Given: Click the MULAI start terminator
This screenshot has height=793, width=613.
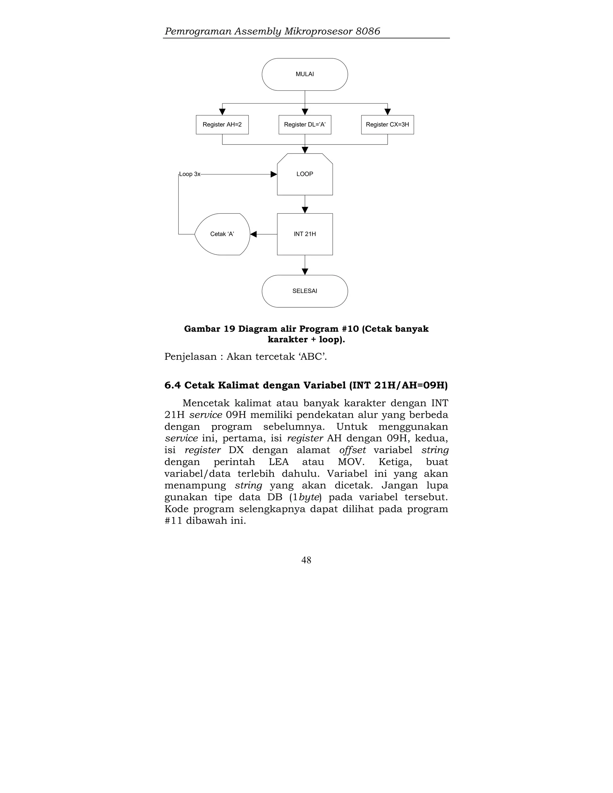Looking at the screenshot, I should click(305, 74).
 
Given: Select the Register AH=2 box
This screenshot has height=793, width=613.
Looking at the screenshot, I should click(222, 124).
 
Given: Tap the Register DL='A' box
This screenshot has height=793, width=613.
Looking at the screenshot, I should click(305, 124).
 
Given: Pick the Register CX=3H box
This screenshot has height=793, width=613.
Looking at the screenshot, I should click(388, 124).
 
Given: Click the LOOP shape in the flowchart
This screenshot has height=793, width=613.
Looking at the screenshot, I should click(305, 174).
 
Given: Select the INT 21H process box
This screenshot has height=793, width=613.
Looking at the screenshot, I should click(305, 234).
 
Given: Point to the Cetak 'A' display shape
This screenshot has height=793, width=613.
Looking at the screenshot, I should click(222, 234).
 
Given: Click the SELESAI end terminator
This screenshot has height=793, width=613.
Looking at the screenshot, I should click(305, 291).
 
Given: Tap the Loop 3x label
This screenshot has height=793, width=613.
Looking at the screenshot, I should click(189, 174).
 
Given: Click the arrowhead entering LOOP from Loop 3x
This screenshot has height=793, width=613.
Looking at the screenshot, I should click(274, 174).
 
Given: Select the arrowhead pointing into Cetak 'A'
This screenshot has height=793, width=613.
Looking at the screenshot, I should click(254, 234).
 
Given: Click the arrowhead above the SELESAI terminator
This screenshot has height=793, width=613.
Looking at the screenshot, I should click(305, 272).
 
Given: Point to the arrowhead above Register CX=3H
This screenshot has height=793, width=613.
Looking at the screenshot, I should click(388, 112).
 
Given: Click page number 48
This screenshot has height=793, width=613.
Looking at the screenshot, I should click(306, 560).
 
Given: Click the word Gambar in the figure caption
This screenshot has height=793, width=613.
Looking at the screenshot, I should click(202, 329).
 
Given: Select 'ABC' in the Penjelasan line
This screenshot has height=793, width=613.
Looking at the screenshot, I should click(312, 357).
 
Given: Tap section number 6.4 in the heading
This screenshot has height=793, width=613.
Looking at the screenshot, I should click(172, 385).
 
